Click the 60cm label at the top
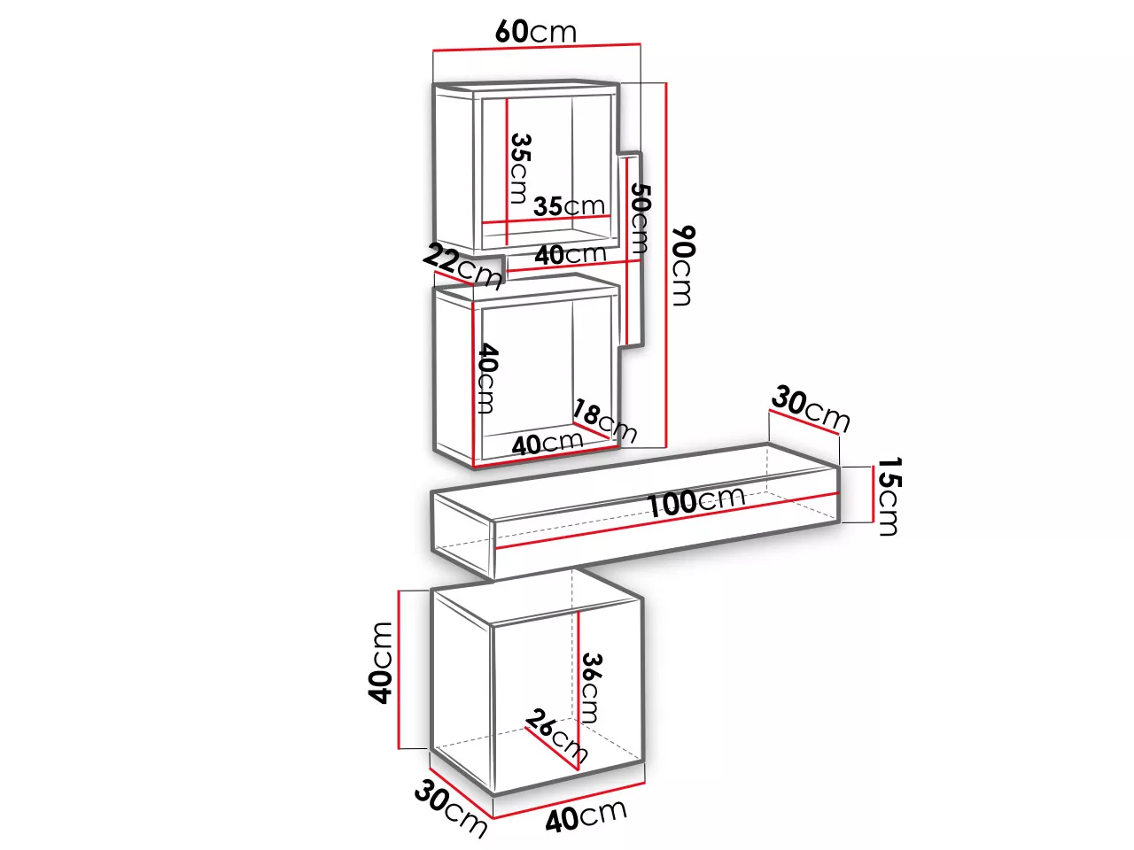536,32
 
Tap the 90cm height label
683,266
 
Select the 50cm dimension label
640,219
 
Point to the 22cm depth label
462,267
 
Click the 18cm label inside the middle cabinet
604,421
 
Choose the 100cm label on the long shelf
695,501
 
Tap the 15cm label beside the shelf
889,497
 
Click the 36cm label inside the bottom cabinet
592,688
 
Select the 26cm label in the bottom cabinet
556,737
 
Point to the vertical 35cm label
520,169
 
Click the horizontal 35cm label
570,206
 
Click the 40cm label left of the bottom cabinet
381,663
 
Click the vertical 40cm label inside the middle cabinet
487,378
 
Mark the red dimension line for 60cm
537,47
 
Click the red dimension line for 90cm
666,264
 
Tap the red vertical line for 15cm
872,494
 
